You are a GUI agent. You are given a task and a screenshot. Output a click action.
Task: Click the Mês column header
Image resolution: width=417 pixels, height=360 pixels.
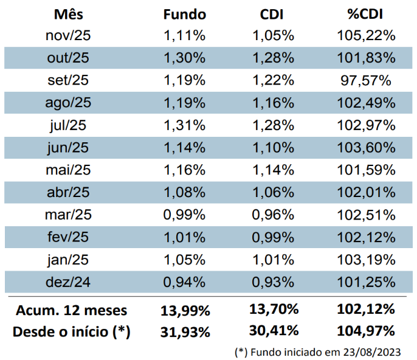point(68,14)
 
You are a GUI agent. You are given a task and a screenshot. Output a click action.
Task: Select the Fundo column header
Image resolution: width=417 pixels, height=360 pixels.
point(185,14)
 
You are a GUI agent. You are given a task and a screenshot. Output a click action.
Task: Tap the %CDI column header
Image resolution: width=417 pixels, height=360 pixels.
point(366,14)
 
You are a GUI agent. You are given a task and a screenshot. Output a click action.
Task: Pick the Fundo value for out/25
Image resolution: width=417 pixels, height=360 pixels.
point(184,58)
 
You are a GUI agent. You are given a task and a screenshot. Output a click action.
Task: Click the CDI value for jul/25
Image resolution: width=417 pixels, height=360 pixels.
point(274,126)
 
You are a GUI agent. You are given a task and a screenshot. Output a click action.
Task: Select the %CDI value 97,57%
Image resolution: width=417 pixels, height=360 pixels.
point(366,80)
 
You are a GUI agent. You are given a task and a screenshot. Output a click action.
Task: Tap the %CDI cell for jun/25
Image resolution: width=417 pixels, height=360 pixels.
point(366,148)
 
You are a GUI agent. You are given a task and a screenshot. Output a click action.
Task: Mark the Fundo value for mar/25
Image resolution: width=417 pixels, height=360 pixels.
point(184,215)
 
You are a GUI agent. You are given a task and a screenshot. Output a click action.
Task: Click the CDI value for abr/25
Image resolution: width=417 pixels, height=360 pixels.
point(274,193)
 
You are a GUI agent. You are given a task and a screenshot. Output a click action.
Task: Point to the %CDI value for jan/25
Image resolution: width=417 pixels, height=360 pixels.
point(366,260)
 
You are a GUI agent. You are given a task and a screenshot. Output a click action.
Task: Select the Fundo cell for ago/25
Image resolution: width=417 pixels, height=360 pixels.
point(184,103)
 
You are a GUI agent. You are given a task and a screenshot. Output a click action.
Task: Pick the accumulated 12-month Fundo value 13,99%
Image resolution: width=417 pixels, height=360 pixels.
point(185,311)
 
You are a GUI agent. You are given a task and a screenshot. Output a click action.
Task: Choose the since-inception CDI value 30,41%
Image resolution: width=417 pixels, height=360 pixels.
point(274,331)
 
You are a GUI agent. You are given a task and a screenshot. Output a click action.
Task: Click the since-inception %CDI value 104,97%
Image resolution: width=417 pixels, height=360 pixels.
point(366,331)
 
